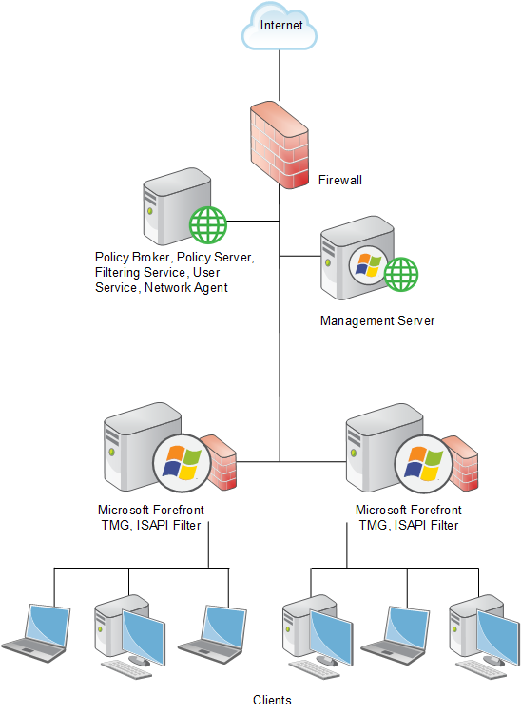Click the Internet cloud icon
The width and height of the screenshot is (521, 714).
[x=280, y=26]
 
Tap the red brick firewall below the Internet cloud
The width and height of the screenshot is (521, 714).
[x=280, y=145]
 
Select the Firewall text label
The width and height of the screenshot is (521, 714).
[x=340, y=180]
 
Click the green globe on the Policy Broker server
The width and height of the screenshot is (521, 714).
[x=208, y=224]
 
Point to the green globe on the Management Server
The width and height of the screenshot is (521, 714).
[x=401, y=274]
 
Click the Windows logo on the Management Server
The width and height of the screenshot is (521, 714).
[x=369, y=265]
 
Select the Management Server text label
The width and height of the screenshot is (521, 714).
[x=377, y=320]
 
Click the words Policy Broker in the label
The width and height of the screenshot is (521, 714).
[x=132, y=258]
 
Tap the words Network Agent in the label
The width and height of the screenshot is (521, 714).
[x=185, y=288]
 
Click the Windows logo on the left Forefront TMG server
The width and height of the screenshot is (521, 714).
[x=182, y=463]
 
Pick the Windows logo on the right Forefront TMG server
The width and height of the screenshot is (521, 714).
[x=423, y=464]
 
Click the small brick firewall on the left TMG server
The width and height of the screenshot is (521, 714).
[x=220, y=462]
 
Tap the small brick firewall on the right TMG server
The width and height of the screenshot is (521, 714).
[x=461, y=463]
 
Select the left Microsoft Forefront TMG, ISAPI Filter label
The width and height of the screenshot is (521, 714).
[x=151, y=517]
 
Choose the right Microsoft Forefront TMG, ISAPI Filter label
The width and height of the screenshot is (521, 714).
[x=409, y=517]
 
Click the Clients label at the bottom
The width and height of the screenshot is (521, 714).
[x=272, y=700]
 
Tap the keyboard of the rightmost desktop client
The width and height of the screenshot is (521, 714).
[x=480, y=670]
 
